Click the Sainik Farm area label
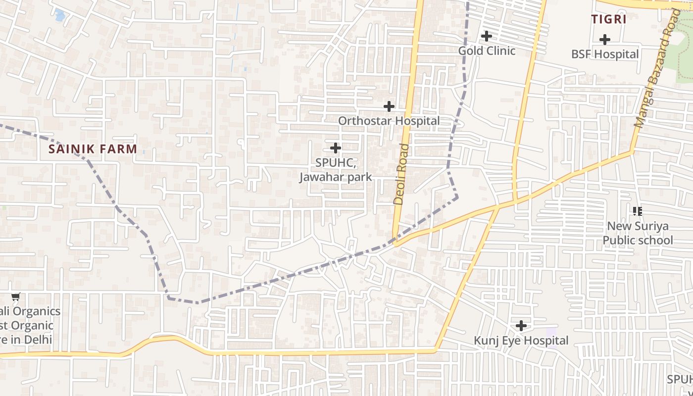(x=93, y=148)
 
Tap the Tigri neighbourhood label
(x=609, y=19)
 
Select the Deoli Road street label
(x=402, y=174)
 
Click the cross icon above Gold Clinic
(x=487, y=36)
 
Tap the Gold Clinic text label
(x=487, y=50)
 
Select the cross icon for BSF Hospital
(x=605, y=40)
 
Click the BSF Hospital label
(x=605, y=54)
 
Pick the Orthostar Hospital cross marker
(x=389, y=106)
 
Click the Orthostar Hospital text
(x=389, y=121)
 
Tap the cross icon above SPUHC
(x=336, y=148)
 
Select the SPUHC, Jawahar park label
(x=336, y=170)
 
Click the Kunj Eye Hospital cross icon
(x=521, y=326)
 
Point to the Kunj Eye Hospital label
(x=521, y=341)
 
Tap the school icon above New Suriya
(x=638, y=211)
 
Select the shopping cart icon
(x=16, y=297)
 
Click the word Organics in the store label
(x=36, y=311)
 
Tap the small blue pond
(x=60, y=15)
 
